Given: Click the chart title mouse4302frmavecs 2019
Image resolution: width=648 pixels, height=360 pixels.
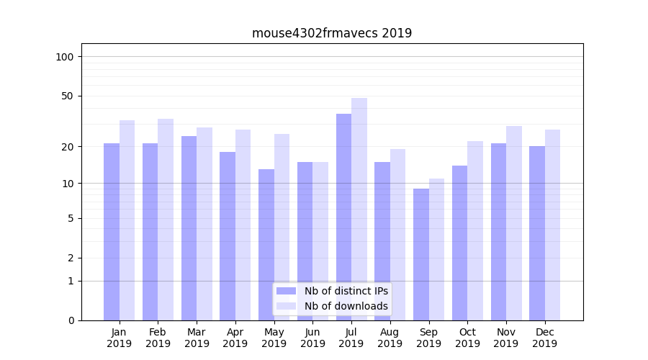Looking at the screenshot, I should pos(332,33).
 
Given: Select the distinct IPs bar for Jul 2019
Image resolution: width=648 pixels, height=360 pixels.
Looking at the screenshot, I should pos(343,216).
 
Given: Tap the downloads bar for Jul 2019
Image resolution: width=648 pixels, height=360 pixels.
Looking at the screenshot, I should pos(359,209).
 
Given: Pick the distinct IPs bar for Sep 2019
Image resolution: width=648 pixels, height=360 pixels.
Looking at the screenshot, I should pos(421,254).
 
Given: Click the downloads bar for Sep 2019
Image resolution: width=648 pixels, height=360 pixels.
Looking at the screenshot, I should pos(436,249).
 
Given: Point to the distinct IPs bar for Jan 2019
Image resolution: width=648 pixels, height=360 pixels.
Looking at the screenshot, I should pos(112,231).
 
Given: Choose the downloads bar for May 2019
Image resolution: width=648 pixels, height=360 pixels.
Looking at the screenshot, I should pos(282,227).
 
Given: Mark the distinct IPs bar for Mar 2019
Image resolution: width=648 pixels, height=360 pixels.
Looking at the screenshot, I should pos(189,228).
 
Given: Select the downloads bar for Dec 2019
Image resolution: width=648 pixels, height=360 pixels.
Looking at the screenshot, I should pos(552,225).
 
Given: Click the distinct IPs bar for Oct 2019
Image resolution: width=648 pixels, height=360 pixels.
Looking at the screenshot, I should pos(459,243).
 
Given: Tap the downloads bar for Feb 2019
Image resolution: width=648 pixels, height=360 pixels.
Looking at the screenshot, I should pos(166,219).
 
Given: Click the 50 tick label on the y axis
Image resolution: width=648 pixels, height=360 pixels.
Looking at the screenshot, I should pos(68,96).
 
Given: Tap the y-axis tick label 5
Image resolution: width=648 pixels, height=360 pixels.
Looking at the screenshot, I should pos(71,218).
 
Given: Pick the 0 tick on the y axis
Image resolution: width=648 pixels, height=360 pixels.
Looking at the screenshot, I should pos(71,320).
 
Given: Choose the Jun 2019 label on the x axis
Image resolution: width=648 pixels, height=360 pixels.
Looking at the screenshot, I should pos(312,338).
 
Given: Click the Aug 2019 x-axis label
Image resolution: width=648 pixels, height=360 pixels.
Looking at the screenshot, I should pos(390,338).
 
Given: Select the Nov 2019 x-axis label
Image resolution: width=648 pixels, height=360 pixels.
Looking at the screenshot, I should pos(506,338).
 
